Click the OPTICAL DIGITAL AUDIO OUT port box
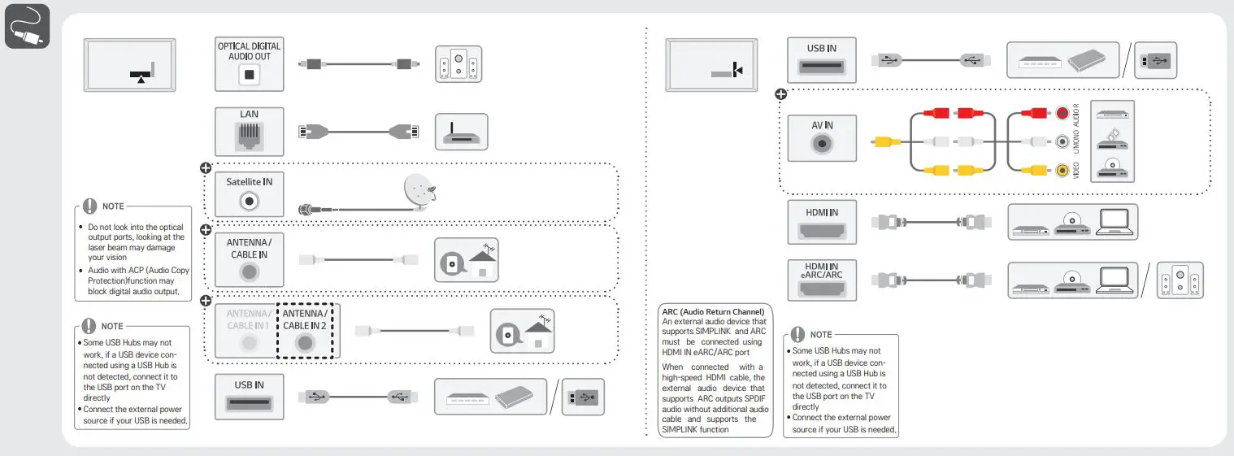pyautogui.click(x=250, y=63)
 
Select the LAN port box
pyautogui.click(x=250, y=131)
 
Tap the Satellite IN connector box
pyautogui.click(x=250, y=193)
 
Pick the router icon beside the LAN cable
pyautogui.click(x=461, y=132)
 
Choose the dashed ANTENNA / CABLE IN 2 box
pyautogui.click(x=306, y=331)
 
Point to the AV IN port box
pyautogui.click(x=822, y=137)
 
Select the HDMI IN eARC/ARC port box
pyautogui.click(x=822, y=280)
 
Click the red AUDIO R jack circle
pyautogui.click(x=1062, y=114)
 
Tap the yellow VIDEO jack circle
pyautogui.click(x=1062, y=170)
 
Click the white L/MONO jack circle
pyautogui.click(x=1062, y=142)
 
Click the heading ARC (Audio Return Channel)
pyautogui.click(x=713, y=312)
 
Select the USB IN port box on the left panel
pyautogui.click(x=250, y=397)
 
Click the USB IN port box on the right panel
pyautogui.click(x=822, y=59)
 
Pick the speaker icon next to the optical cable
pyautogui.click(x=458, y=63)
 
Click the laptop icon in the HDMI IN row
pyautogui.click(x=1112, y=222)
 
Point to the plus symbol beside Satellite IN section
pyautogui.click(x=206, y=168)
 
